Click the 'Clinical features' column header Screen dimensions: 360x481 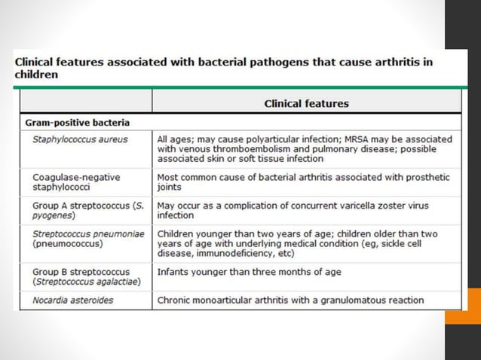click(306, 103)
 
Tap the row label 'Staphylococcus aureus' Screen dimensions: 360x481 click(80, 139)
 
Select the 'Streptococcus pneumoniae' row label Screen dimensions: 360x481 click(87, 239)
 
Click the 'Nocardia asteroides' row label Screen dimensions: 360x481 click(73, 301)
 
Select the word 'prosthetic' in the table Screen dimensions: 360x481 click(426, 177)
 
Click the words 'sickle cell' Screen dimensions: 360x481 click(411, 244)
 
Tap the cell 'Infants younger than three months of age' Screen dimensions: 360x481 click(249, 272)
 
